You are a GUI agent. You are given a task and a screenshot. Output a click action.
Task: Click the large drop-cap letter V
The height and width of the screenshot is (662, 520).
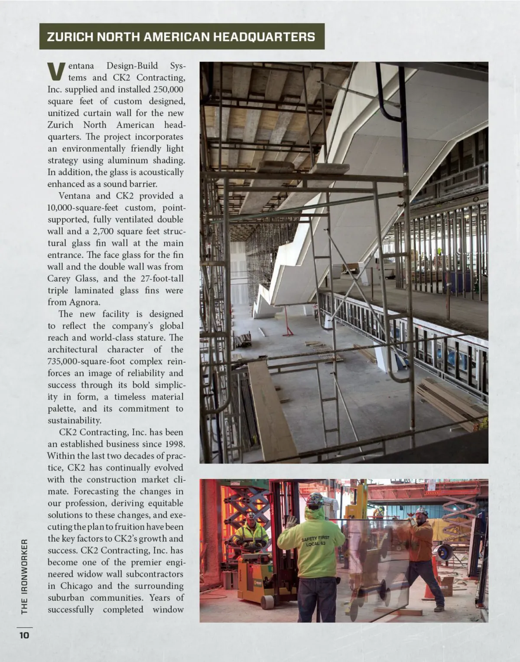tap(56, 72)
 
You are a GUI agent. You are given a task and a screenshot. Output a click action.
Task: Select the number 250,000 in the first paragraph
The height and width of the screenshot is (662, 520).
tap(168, 90)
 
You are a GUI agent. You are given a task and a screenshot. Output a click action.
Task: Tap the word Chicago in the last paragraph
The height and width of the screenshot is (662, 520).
tap(76, 586)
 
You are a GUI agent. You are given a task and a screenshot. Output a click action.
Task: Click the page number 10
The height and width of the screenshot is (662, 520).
tap(23, 636)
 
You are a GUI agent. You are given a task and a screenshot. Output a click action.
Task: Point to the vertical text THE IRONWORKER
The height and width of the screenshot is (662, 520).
tap(24, 577)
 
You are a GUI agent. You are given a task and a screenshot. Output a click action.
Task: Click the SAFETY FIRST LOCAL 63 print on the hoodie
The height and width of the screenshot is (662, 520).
tap(315, 541)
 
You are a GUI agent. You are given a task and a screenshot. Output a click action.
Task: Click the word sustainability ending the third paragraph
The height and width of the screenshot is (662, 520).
tap(75, 421)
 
